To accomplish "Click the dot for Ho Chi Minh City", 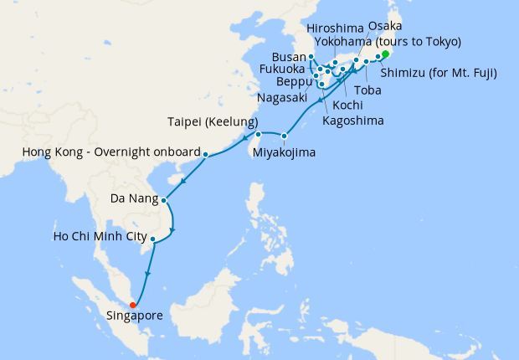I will click(x=152, y=239).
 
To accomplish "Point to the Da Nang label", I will click(x=135, y=200).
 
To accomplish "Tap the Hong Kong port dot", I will click(x=205, y=153).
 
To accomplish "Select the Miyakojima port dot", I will click(x=285, y=136).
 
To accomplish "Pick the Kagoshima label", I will click(x=353, y=121).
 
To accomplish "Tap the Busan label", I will click(x=289, y=57).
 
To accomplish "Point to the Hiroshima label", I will click(x=336, y=28).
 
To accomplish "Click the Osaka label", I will click(x=384, y=28).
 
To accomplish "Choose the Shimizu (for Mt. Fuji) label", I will click(x=439, y=73).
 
